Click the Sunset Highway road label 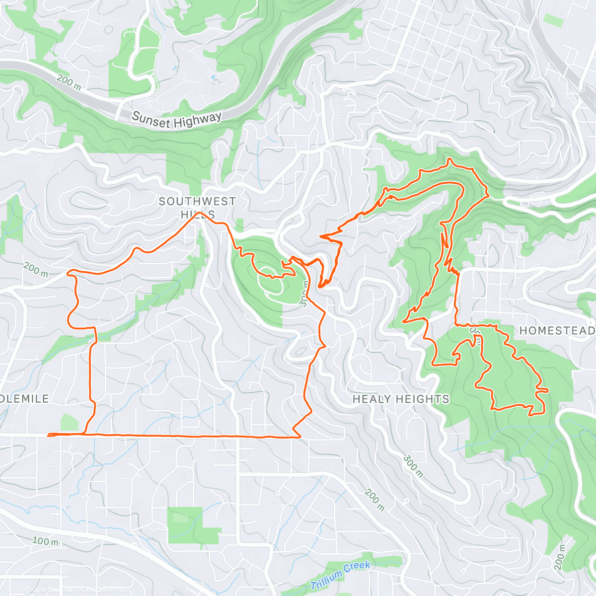click(176, 119)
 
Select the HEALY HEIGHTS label click(400, 399)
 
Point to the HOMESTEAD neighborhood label click(557, 331)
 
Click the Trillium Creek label click(340, 575)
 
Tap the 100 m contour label click(45, 541)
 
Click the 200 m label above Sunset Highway click(69, 82)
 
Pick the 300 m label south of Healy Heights click(413, 466)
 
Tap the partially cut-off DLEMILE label click(25, 399)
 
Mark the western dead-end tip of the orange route click(48, 436)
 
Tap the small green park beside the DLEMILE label click(69, 423)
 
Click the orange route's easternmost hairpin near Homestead click(547, 390)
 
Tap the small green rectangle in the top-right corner click(553, 20)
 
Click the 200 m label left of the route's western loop click(35, 270)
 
